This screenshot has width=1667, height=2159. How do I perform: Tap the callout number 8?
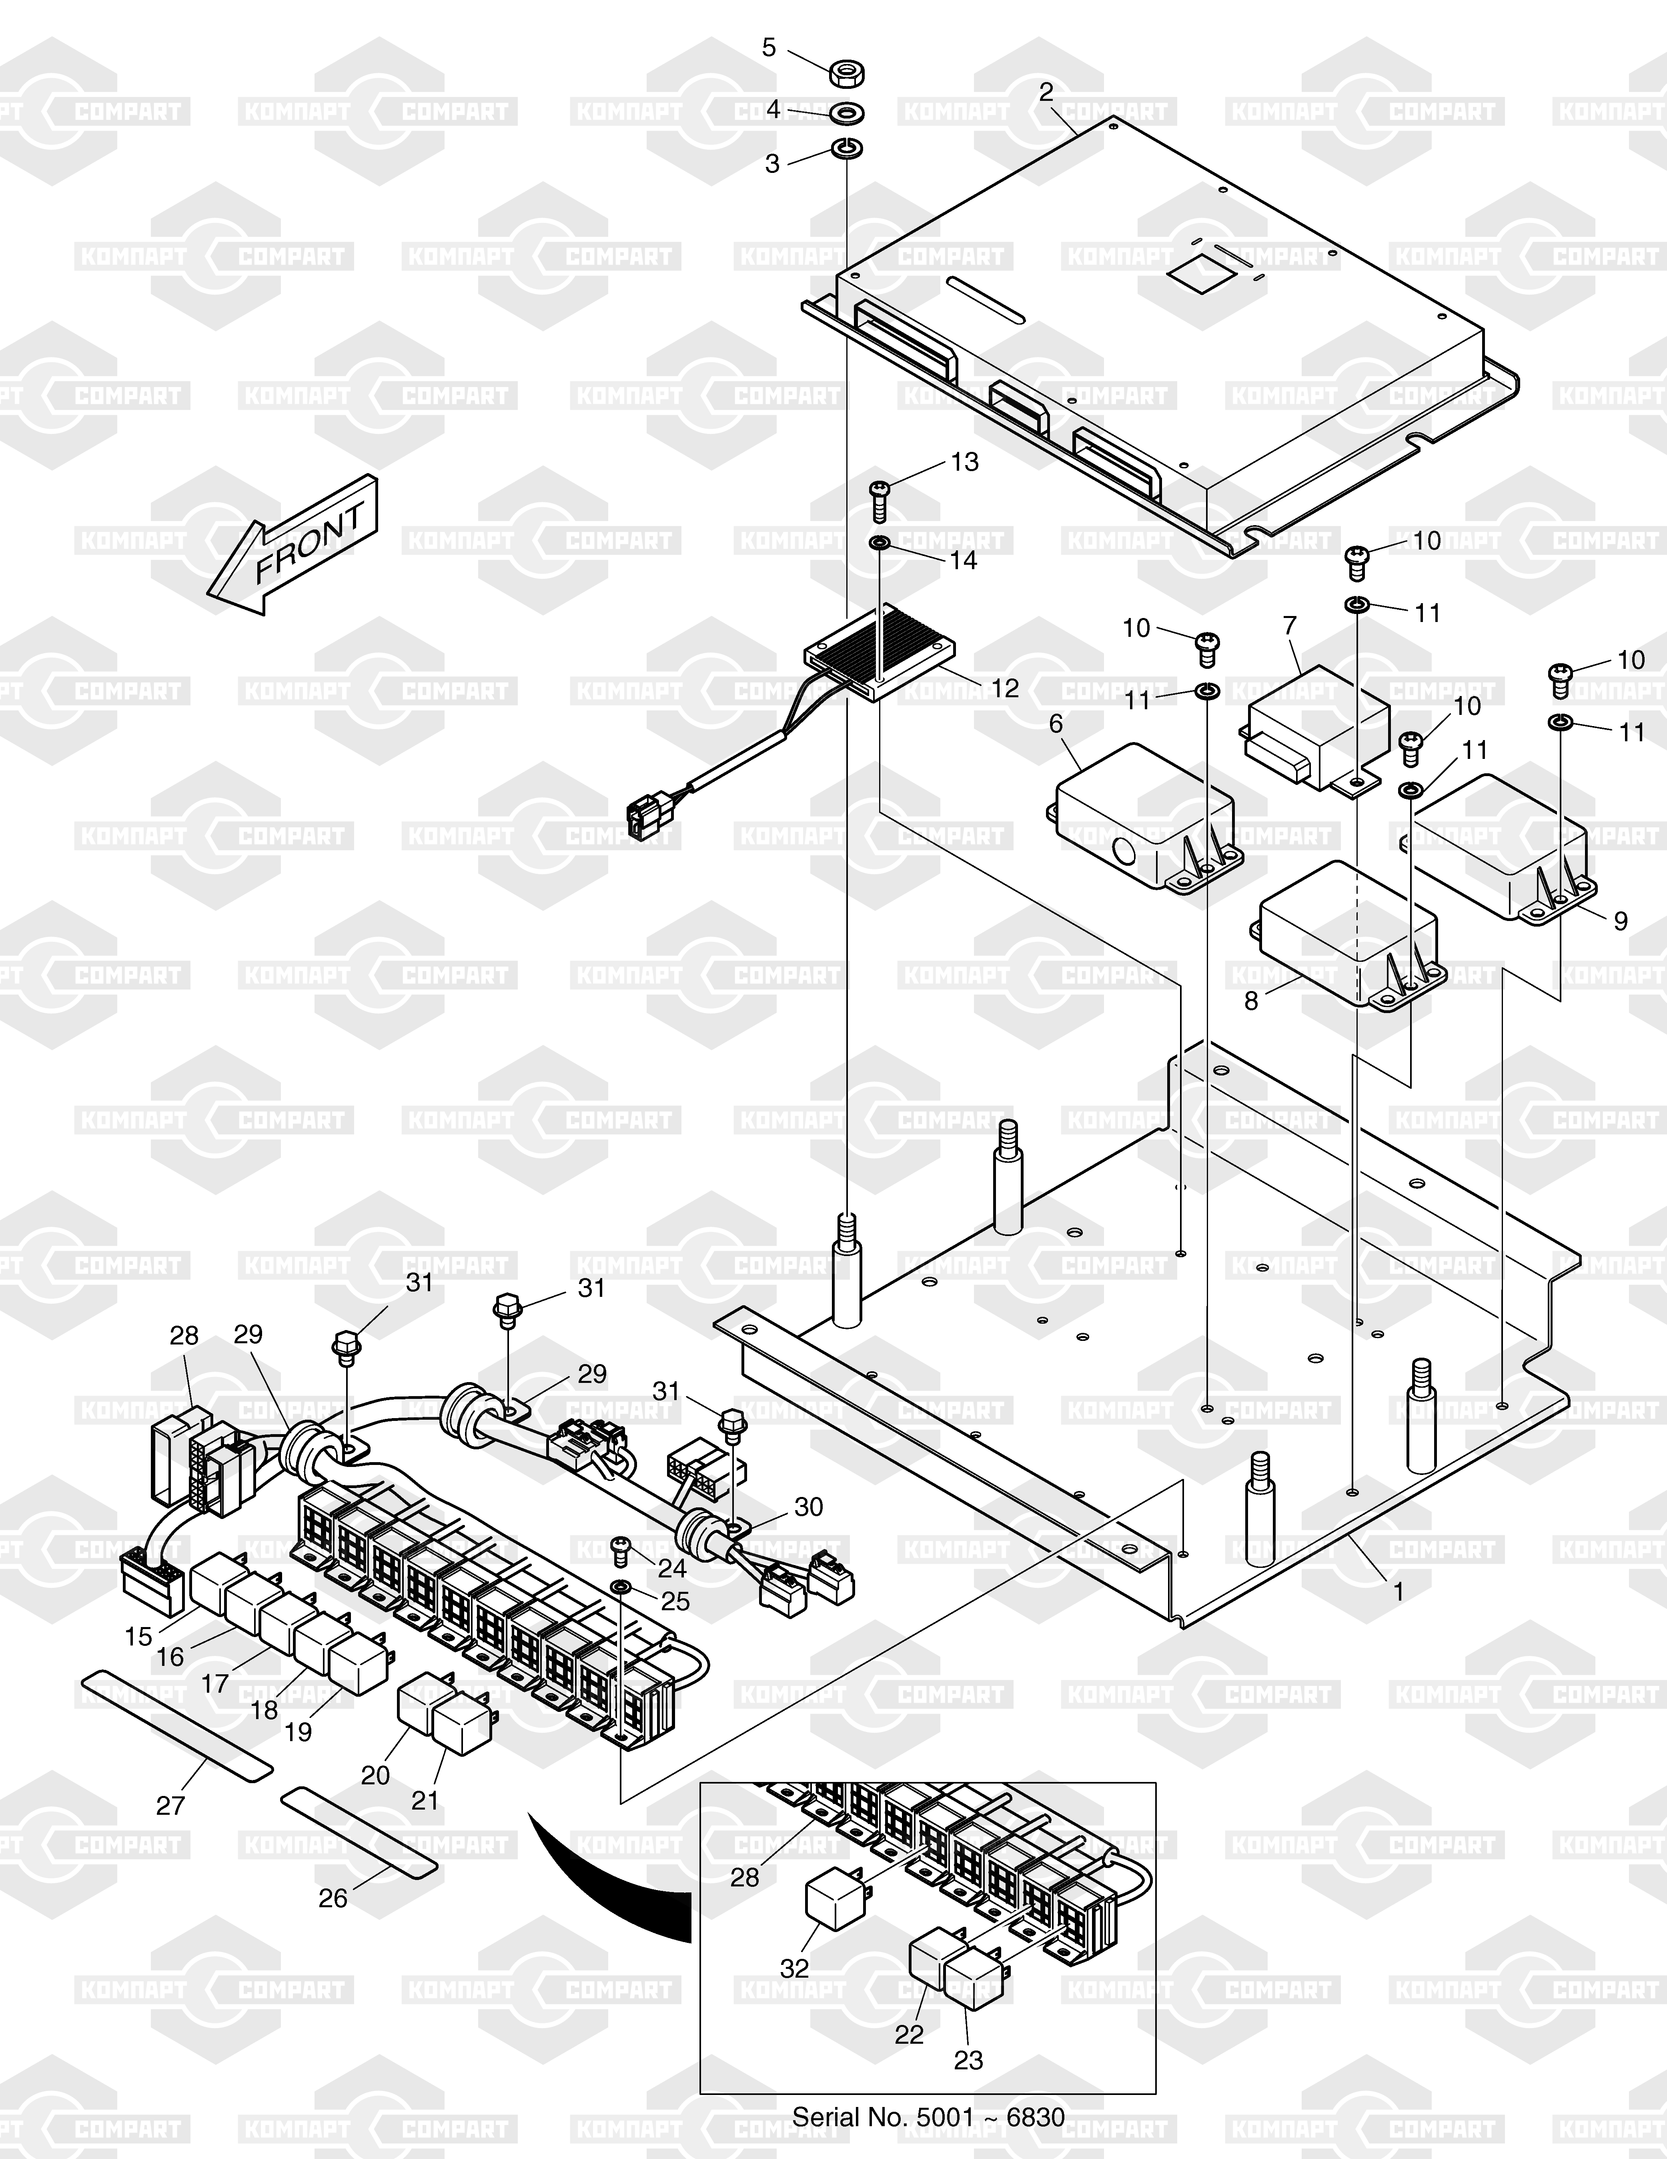click(x=1251, y=1000)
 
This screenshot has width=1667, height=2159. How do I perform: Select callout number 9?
click(x=1621, y=920)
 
